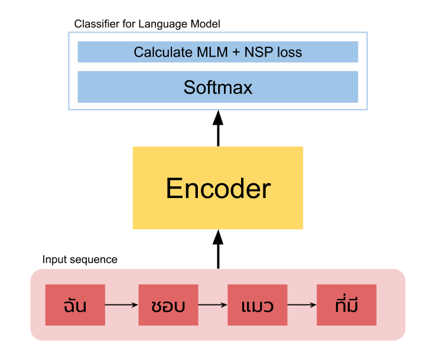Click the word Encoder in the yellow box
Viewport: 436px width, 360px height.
click(x=218, y=189)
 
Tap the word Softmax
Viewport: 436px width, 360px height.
click(x=218, y=87)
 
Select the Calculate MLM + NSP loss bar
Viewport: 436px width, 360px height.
click(x=218, y=52)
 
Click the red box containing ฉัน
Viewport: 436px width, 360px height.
click(x=75, y=305)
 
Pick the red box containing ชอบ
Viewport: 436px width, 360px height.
click(x=168, y=305)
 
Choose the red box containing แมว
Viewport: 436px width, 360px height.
click(x=258, y=305)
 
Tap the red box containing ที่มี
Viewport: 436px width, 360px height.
click(x=346, y=305)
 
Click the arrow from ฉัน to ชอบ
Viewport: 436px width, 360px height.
click(x=122, y=305)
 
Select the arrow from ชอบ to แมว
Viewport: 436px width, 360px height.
click(x=213, y=305)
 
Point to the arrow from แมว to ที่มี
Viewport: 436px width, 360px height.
click(x=302, y=305)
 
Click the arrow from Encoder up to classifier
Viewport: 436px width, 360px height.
click(x=218, y=128)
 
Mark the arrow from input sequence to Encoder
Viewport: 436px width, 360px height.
click(x=218, y=249)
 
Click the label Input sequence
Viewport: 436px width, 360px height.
click(x=80, y=260)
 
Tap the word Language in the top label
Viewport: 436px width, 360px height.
click(x=162, y=24)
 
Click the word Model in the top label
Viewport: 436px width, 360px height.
click(x=206, y=24)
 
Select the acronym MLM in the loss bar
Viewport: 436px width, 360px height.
click(x=212, y=52)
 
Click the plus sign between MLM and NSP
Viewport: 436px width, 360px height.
click(x=236, y=52)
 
